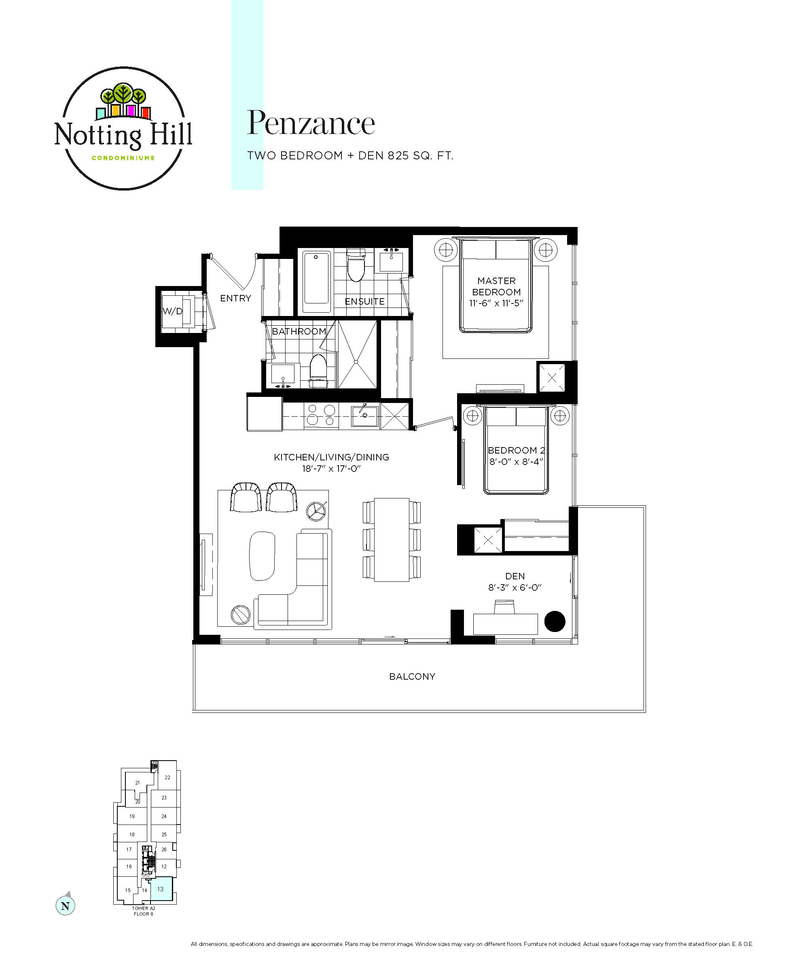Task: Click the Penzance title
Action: pyautogui.click(x=311, y=123)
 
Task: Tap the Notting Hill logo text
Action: pyautogui.click(x=123, y=135)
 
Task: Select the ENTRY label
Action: pyautogui.click(x=235, y=298)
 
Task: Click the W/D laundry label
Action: pyautogui.click(x=172, y=311)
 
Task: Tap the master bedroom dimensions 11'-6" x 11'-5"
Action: pyautogui.click(x=496, y=303)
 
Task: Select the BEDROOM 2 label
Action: pyautogui.click(x=517, y=450)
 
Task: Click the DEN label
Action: pyautogui.click(x=515, y=576)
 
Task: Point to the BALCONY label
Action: pyautogui.click(x=412, y=676)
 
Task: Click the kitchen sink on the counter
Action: pyautogui.click(x=364, y=416)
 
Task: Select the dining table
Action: pyautogui.click(x=392, y=540)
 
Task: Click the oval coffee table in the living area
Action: pyautogui.click(x=262, y=556)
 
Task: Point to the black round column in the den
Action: pyautogui.click(x=555, y=621)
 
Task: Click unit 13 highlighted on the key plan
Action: pyautogui.click(x=161, y=889)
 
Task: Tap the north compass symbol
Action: pyautogui.click(x=65, y=905)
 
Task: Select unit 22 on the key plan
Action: pyautogui.click(x=167, y=778)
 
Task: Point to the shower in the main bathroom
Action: pyautogui.click(x=357, y=354)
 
